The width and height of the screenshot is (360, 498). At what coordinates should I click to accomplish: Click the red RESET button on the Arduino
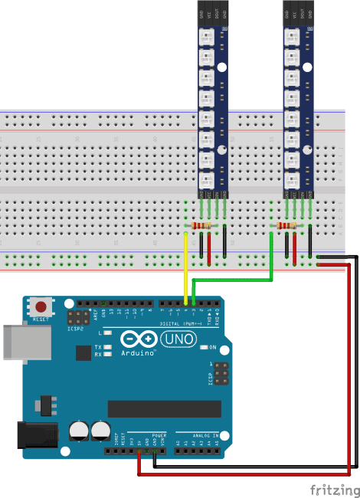[x=41, y=306]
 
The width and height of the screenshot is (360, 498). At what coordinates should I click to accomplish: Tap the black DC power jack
[x=35, y=435]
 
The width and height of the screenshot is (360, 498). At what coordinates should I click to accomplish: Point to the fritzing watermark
[x=333, y=489]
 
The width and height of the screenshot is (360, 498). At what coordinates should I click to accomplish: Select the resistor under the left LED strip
[x=202, y=226]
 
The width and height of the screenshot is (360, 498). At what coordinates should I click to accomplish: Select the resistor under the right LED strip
[x=287, y=226]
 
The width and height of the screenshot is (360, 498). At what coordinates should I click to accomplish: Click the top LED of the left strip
[x=205, y=38]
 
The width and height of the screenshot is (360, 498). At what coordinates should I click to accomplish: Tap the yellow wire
[x=185, y=268]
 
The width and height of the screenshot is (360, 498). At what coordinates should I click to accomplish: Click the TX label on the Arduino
[x=99, y=346]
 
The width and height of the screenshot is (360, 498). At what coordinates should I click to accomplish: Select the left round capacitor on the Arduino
[x=79, y=431]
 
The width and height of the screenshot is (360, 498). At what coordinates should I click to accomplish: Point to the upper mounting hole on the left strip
[x=224, y=30]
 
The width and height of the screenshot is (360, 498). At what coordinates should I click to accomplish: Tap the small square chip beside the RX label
[x=82, y=352]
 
